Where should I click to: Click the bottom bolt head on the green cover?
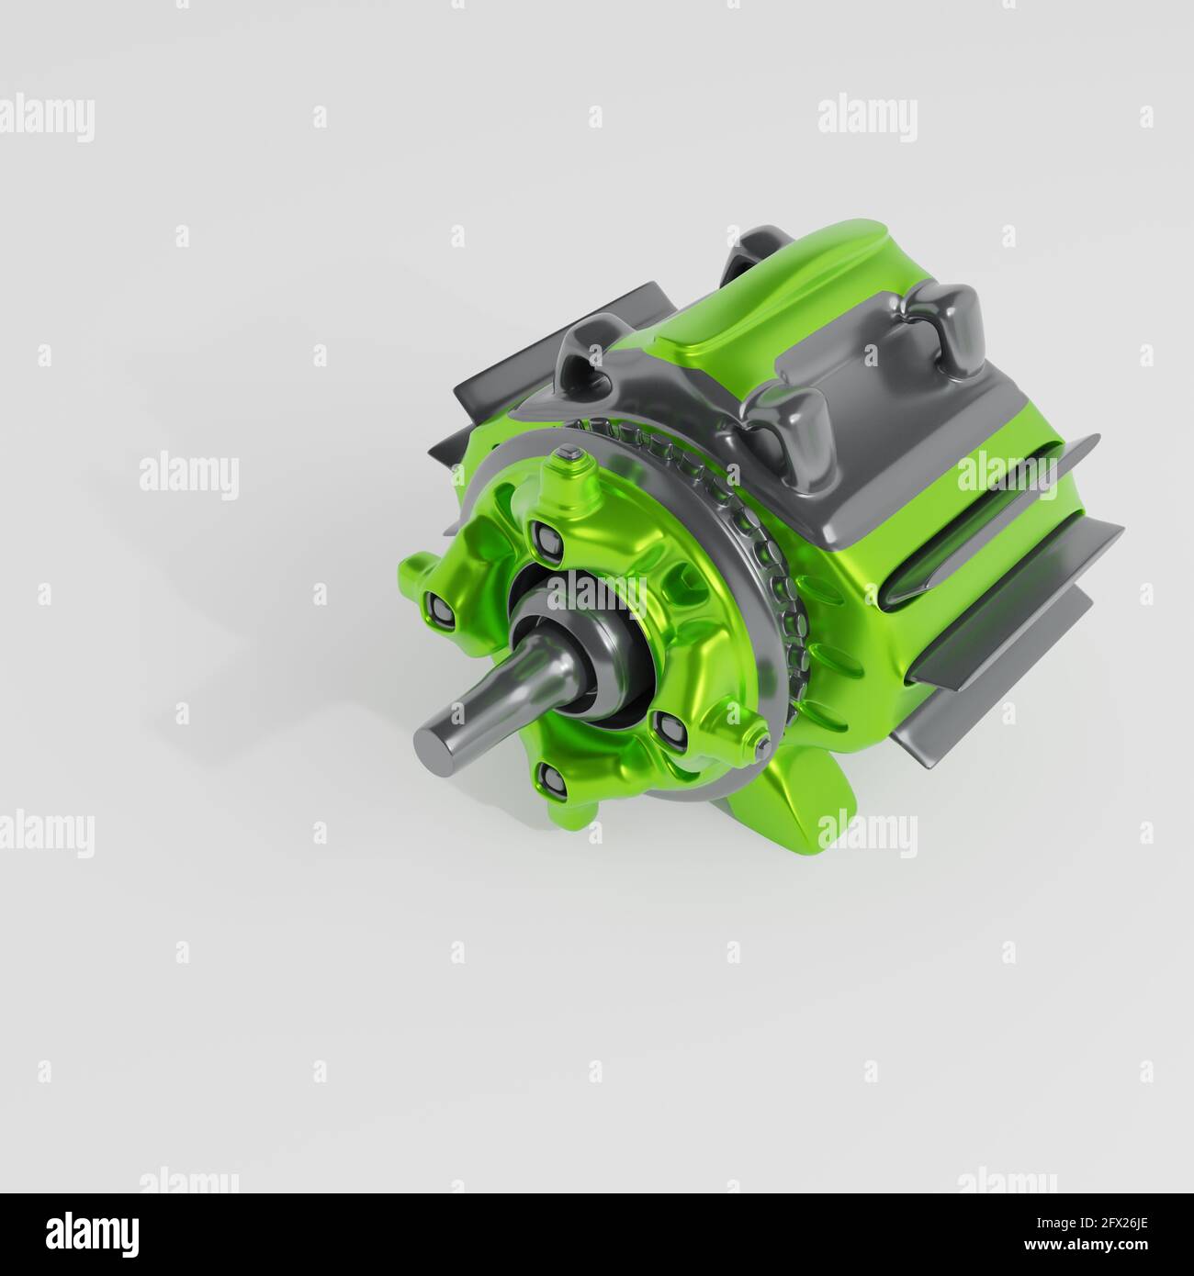click(x=551, y=780)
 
